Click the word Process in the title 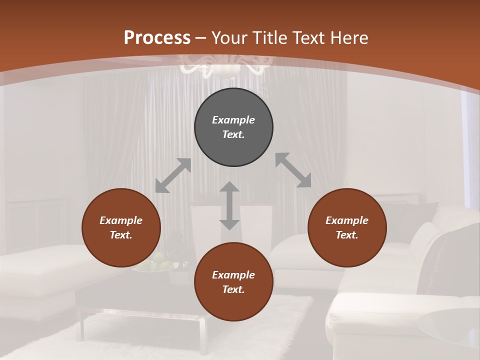click(157, 38)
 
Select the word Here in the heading click(349, 38)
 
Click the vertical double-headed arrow click(229, 205)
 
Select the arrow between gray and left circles click(173, 175)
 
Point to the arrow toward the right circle click(293, 170)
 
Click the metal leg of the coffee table click(203, 334)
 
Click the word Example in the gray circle click(233, 120)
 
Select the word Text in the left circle click(121, 235)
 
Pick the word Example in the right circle click(347, 220)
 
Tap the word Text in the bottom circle click(233, 289)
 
